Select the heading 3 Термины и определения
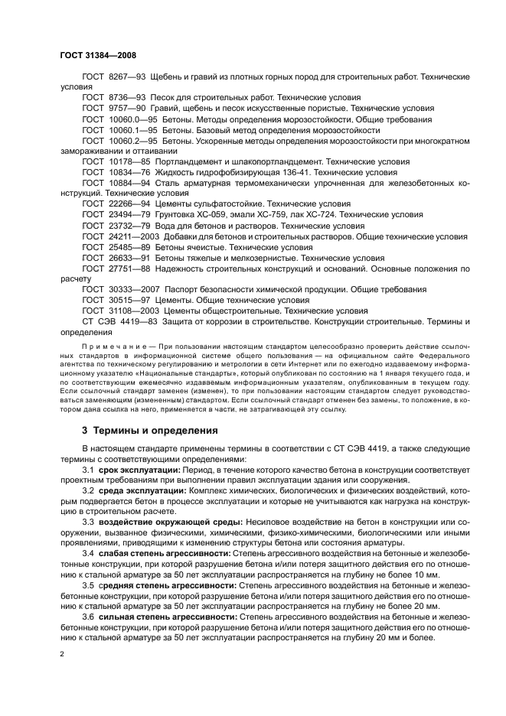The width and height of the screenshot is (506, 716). [x=149, y=430]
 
